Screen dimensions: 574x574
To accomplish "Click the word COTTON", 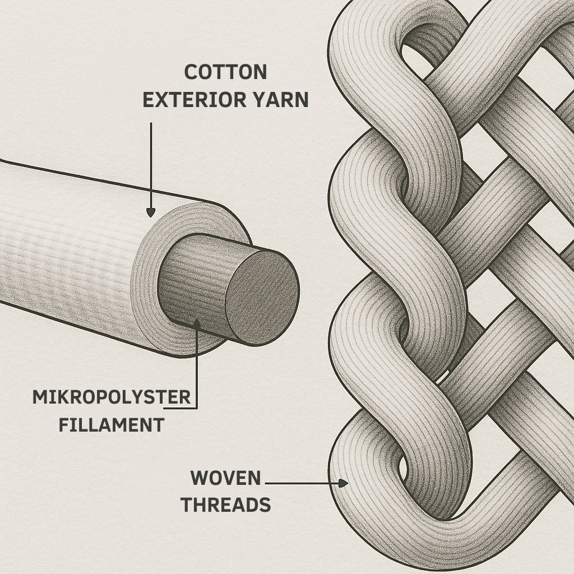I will [x=225, y=72].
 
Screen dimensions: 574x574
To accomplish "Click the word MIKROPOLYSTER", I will [x=112, y=397].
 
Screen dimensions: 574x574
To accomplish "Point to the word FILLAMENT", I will [x=111, y=425].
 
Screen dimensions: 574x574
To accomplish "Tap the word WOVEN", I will [x=225, y=479].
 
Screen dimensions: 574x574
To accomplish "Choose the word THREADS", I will [x=225, y=505].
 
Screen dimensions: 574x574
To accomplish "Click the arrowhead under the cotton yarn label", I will [x=150, y=212].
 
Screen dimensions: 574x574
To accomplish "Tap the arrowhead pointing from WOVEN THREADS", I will [x=342, y=482].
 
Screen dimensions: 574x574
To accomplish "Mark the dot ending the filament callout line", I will [x=197, y=322].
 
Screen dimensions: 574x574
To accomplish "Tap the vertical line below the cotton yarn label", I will [x=151, y=163].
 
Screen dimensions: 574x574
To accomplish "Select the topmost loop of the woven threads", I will [x=392, y=22].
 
